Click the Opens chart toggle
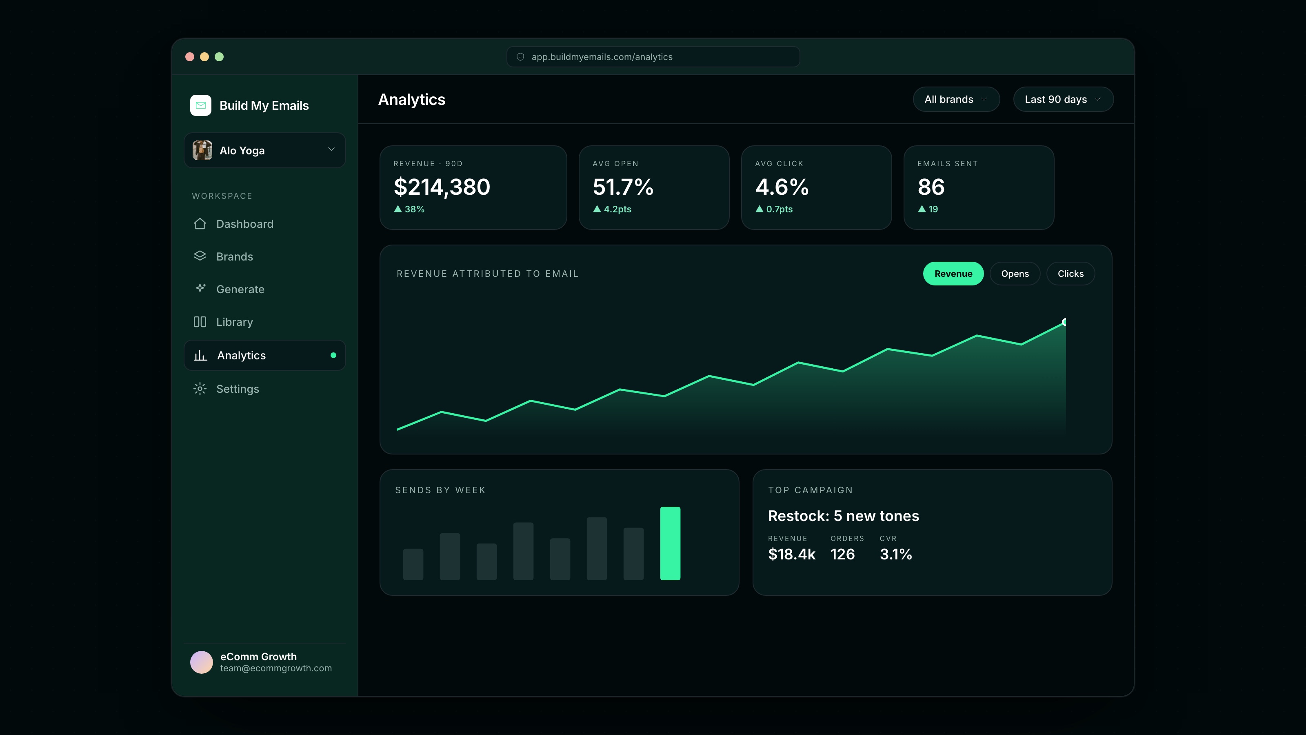[x=1015, y=274]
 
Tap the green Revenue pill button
[x=953, y=274]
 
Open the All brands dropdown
[x=956, y=99]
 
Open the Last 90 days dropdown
[x=1063, y=99]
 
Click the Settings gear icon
[x=200, y=389]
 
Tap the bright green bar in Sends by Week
[x=670, y=543]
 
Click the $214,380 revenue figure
[x=442, y=187]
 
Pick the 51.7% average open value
[x=623, y=187]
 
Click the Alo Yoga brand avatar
[x=202, y=150]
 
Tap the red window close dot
[x=190, y=57]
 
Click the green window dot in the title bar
[x=219, y=57]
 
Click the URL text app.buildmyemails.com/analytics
[x=602, y=57]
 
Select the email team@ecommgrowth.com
[x=276, y=668]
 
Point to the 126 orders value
[x=843, y=554]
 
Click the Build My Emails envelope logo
[x=201, y=105]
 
